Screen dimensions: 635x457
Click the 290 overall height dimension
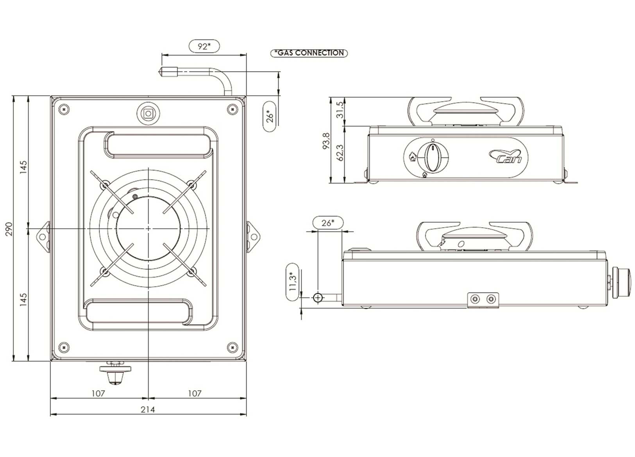pos(9,229)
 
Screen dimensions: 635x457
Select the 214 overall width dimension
pos(148,409)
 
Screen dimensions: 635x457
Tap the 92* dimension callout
pos(204,46)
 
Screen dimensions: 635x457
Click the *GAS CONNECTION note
pos(309,53)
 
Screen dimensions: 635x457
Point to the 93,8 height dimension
pos(326,141)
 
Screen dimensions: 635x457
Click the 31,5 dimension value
pos(340,110)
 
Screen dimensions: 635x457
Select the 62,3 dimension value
pos(340,152)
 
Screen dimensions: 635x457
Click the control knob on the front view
pos(433,157)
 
